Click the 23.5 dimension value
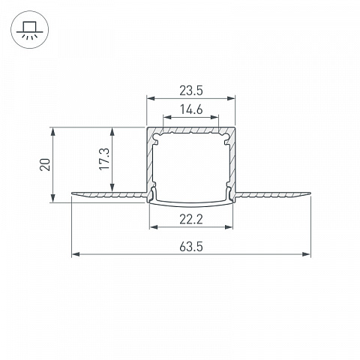pos(191,91)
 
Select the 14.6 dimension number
pos(191,109)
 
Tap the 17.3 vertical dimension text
pos(104,159)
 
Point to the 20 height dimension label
pos(45,164)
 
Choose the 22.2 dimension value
pos(191,219)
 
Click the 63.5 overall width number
pos(191,247)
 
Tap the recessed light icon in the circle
pos(30,30)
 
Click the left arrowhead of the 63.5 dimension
pos(76,254)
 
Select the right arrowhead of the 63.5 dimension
pos(306,254)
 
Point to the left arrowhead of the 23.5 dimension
pos(151,98)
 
